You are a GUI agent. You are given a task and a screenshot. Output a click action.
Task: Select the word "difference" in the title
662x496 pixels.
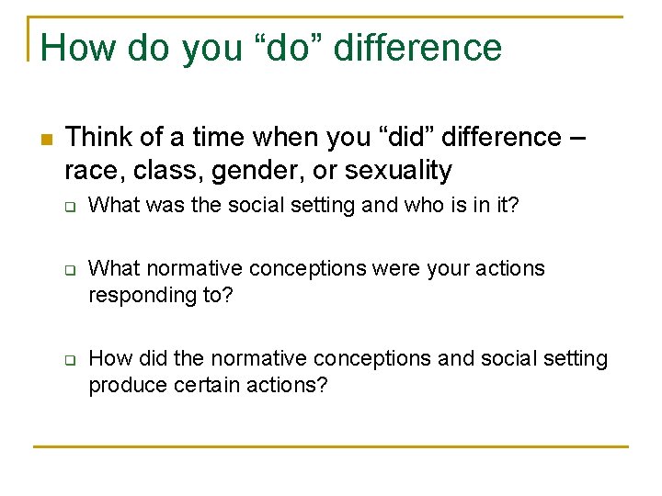[x=418, y=48]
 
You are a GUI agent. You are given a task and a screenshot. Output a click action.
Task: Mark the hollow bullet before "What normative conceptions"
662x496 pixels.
[x=69, y=271]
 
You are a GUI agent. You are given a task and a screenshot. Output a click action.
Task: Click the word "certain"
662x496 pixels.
[x=195, y=385]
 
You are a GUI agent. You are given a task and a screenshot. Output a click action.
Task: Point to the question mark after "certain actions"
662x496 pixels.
[x=322, y=385]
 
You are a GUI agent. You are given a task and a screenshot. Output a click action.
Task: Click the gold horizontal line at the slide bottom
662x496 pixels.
[x=331, y=446]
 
